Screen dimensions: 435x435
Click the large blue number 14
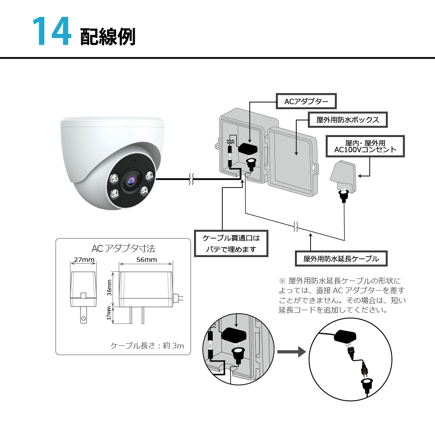pyautogui.click(x=51, y=31)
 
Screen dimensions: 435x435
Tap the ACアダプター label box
pyautogui.click(x=306, y=101)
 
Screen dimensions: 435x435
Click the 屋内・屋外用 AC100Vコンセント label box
pyautogui.click(x=365, y=146)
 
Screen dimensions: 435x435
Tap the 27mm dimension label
pyautogui.click(x=84, y=260)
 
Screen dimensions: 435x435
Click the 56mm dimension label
pyautogui.click(x=146, y=260)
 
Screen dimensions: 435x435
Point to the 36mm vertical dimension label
pyautogui.click(x=110, y=287)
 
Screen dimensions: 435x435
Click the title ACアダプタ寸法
pyautogui.click(x=123, y=248)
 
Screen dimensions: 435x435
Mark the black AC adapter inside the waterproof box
pyautogui.click(x=247, y=149)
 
